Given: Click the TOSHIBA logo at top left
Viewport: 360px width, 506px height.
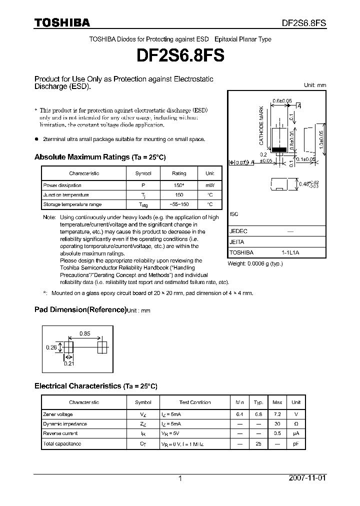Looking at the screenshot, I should [62, 22].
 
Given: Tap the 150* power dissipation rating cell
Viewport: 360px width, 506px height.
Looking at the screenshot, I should [179, 185].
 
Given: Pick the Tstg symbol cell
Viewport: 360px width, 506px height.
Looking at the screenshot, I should [143, 205].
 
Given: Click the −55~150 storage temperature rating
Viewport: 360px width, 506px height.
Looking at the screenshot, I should [179, 204].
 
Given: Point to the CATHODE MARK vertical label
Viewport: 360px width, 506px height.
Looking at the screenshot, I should [261, 125].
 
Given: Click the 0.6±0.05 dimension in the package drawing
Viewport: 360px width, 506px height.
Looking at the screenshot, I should [282, 100].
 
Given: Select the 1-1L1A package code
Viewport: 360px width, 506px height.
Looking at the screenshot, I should [290, 253].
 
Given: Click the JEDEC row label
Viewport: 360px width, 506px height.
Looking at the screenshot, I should [238, 231].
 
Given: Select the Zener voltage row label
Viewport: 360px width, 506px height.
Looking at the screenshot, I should [58, 414].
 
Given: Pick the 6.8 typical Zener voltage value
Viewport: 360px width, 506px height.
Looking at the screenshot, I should [258, 414].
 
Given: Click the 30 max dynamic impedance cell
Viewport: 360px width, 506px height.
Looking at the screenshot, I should [277, 424].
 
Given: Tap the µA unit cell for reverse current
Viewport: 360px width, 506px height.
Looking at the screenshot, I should [296, 433].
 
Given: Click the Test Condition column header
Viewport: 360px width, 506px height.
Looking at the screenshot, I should [195, 402].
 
